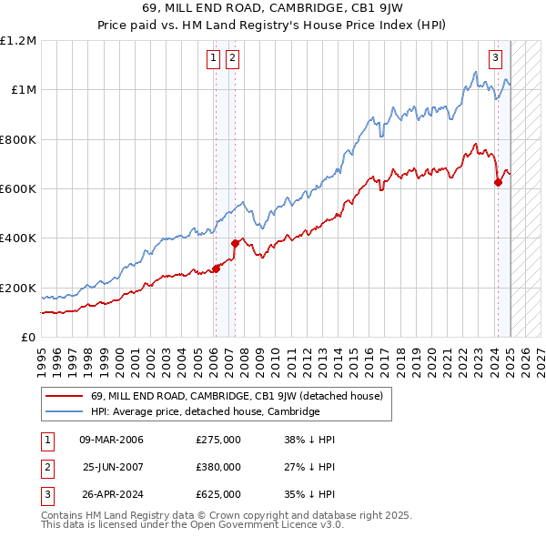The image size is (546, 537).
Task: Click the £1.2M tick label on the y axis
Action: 18,41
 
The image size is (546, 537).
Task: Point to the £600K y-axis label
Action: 18,188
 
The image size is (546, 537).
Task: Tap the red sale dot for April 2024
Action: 498,182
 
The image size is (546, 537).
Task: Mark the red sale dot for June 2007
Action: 235,243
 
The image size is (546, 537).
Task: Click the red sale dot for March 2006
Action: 217,268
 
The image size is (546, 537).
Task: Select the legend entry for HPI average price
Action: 205,411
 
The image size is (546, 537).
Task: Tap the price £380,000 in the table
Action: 217,467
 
